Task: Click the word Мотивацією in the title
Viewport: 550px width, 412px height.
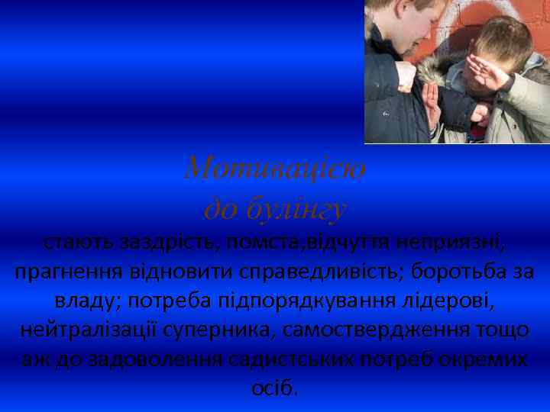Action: tap(275, 166)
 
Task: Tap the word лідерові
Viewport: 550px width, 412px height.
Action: tap(451, 301)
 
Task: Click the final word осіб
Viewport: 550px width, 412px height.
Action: tap(275, 388)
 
